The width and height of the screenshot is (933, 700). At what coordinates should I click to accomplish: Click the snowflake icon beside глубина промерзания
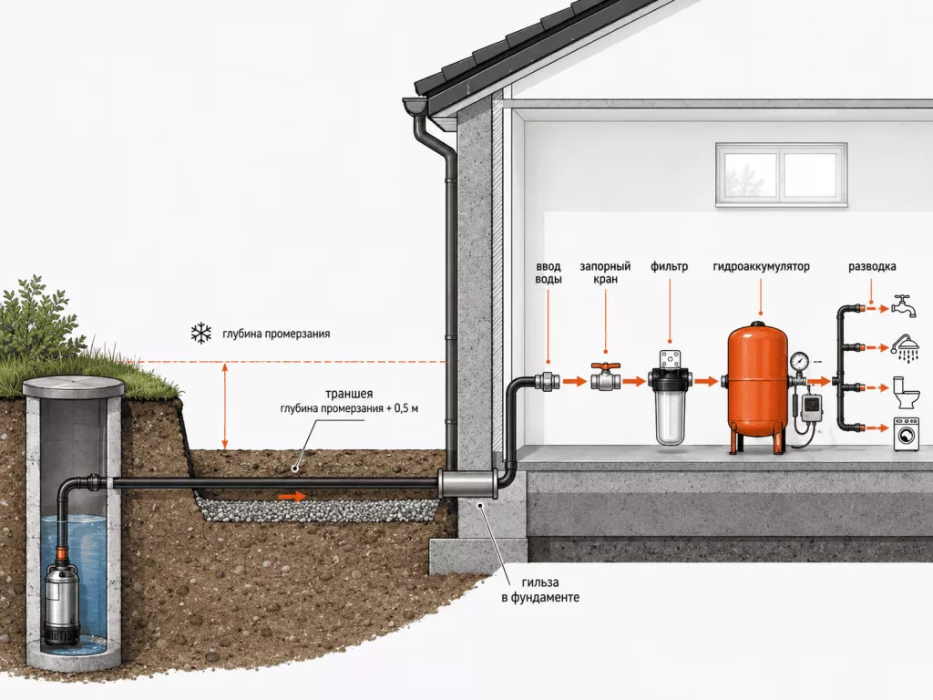click(x=201, y=334)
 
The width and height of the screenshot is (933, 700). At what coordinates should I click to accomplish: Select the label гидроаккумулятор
click(x=761, y=267)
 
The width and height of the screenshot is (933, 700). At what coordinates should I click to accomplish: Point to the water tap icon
click(x=906, y=304)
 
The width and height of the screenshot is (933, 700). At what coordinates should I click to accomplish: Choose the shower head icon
click(x=906, y=347)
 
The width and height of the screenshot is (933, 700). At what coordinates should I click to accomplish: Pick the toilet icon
click(x=906, y=392)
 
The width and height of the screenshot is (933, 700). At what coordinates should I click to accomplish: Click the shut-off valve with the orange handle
click(x=606, y=376)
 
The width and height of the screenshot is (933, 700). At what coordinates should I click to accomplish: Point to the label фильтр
click(x=669, y=267)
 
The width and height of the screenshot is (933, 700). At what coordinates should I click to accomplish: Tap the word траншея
click(x=349, y=394)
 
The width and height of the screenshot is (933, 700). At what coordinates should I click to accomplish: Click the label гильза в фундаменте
click(x=540, y=590)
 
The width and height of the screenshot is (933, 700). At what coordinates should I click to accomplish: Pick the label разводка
click(x=872, y=267)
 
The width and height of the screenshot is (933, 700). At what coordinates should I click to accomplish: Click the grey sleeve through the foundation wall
click(x=467, y=484)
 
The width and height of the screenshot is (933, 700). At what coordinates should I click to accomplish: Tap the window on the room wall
click(x=781, y=174)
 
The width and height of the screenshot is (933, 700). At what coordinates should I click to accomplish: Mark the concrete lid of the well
click(x=73, y=388)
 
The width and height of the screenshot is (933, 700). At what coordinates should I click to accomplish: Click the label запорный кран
click(x=605, y=273)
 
